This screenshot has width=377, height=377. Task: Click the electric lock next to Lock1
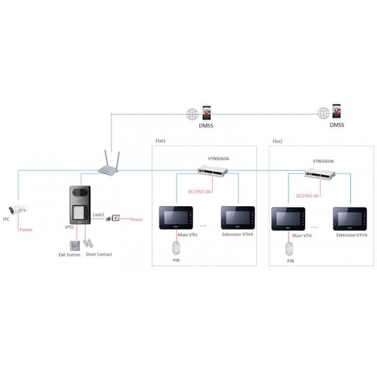coord(115,219)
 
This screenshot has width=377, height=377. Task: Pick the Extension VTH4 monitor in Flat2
coord(351,218)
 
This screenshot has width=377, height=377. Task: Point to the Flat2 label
coord(278,142)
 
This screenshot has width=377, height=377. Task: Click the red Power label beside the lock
coord(137,219)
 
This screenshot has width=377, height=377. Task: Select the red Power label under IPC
coord(26,229)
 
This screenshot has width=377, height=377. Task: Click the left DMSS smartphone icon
coord(206,113)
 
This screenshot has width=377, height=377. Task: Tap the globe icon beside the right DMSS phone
coord(323,113)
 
